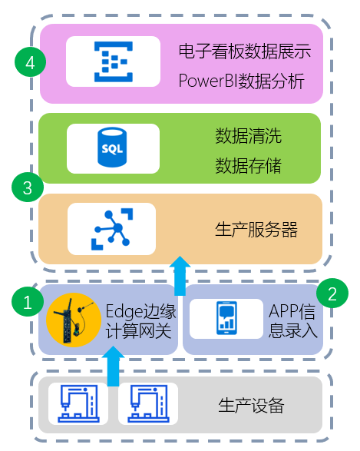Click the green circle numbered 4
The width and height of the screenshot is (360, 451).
pyautogui.click(x=30, y=61)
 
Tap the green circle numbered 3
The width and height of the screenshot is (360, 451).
pyautogui.click(x=28, y=187)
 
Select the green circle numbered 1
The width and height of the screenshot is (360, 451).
pyautogui.click(x=28, y=302)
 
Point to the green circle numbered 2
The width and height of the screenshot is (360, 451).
pyautogui.click(x=332, y=293)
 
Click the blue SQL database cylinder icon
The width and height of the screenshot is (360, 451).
pyautogui.click(x=112, y=148)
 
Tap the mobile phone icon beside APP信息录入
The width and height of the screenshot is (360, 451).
pyautogui.click(x=226, y=318)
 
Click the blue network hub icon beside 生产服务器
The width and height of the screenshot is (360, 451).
pyautogui.click(x=112, y=229)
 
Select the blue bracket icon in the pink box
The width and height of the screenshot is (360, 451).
pyautogui.click(x=114, y=61)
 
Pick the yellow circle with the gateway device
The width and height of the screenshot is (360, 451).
pyautogui.click(x=74, y=320)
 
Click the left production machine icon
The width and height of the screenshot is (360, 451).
pyautogui.click(x=78, y=403)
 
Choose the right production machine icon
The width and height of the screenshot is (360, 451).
pyautogui.click(x=148, y=403)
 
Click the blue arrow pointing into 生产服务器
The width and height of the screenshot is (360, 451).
pyautogui.click(x=180, y=276)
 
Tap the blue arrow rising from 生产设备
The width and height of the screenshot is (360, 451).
pyautogui.click(x=113, y=366)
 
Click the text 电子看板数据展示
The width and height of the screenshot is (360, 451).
pyautogui.click(x=245, y=51)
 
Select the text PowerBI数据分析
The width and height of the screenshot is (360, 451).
pyautogui.click(x=241, y=81)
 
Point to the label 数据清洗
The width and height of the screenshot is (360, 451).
pyautogui.click(x=249, y=136)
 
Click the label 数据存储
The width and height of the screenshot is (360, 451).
pyautogui.click(x=249, y=166)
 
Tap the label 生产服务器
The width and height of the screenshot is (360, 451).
pyautogui.click(x=256, y=230)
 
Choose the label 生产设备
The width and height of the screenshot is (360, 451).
pyautogui.click(x=252, y=406)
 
